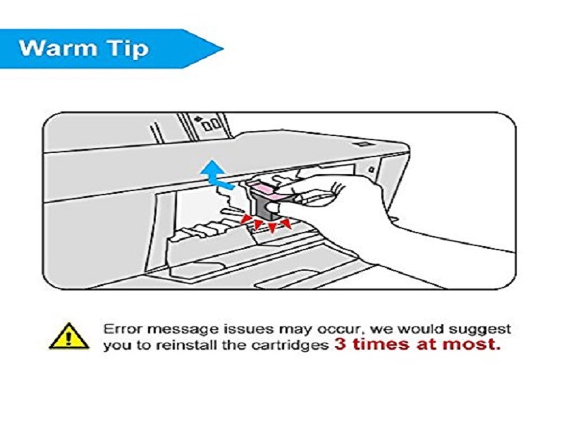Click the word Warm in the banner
[58, 48]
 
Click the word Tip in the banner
[128, 49]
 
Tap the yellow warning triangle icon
[68, 336]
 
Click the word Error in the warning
[123, 329]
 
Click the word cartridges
[290, 346]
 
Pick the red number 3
[341, 345]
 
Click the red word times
[381, 345]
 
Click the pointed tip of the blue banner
[223, 49]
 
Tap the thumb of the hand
[312, 197]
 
